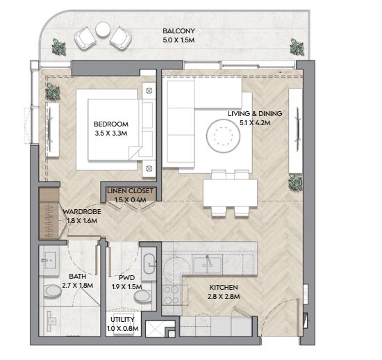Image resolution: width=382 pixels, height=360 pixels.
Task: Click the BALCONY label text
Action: click(178, 31)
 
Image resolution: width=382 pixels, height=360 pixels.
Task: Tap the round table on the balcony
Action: click(103, 29)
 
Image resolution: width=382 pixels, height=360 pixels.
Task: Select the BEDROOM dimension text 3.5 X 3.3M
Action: click(111, 133)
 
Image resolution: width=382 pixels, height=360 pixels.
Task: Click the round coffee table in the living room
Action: click(223, 136)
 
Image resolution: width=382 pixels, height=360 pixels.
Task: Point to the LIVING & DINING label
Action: click(255, 113)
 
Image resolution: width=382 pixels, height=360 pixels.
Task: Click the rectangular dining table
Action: click(230, 193)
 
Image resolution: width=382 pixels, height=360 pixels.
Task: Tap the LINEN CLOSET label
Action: click(131, 191)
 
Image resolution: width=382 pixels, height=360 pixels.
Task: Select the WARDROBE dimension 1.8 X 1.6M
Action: click(82, 221)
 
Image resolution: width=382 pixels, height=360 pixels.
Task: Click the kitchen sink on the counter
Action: click(207, 264)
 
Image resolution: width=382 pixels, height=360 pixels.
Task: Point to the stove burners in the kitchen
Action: click(172, 295)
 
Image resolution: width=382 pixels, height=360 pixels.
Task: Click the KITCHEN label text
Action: click(224, 287)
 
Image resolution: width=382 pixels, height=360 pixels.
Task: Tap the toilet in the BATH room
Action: click(52, 291)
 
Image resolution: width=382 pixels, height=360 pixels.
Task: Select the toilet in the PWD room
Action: click(143, 296)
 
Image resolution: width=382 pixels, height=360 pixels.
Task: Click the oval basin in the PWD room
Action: click(149, 264)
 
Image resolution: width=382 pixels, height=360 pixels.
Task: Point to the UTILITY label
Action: click(122, 319)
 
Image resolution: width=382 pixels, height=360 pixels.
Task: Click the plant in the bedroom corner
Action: click(53, 92)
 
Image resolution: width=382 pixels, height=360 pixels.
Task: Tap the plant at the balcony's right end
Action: click(297, 47)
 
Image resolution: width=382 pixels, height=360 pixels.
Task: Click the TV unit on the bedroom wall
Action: click(52, 130)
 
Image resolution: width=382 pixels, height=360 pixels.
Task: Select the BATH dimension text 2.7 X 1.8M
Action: click(78, 285)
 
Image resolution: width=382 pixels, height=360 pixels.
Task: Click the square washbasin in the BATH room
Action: click(49, 261)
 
